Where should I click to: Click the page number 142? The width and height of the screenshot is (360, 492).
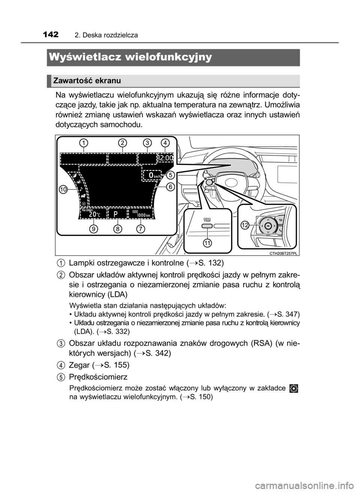tap(51, 34)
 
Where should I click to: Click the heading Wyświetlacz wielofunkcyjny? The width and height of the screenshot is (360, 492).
tap(130, 57)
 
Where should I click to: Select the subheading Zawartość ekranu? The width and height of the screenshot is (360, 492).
tap(87, 81)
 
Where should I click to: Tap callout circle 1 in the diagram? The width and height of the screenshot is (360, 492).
tap(84, 143)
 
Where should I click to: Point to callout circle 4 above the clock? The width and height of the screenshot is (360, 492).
tap(165, 143)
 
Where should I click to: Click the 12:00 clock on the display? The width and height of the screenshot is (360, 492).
tap(166, 158)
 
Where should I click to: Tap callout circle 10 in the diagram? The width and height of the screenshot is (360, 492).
tap(63, 190)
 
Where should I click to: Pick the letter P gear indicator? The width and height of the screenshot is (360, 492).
tap(115, 215)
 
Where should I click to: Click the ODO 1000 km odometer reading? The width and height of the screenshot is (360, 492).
tap(141, 214)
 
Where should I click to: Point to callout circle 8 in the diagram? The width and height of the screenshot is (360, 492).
tap(118, 229)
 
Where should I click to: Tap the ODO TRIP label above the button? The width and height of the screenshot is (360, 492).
tap(207, 220)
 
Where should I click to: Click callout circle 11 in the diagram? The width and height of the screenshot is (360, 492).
tap(207, 243)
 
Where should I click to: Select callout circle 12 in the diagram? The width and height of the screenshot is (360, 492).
tap(245, 225)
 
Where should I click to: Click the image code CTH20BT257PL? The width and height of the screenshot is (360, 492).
tap(283, 253)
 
